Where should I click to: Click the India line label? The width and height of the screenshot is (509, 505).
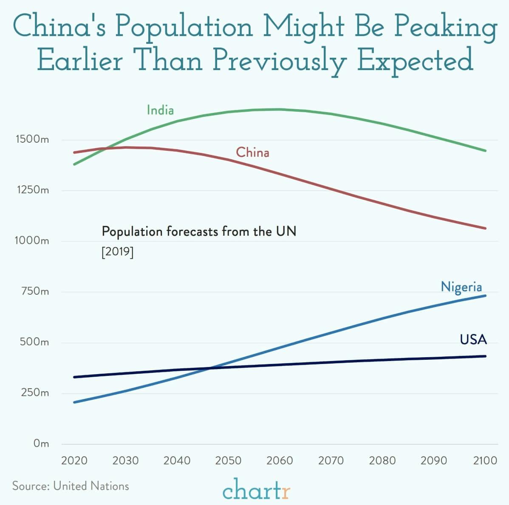(x=160, y=110)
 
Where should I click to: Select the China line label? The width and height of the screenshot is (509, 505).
(x=252, y=152)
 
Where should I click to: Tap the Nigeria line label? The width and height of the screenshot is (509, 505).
(x=461, y=287)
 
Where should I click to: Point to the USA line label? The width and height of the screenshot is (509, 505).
(x=473, y=339)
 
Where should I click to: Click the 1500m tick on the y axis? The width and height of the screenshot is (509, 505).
(x=32, y=139)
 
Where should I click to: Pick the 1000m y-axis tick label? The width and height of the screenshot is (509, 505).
(x=32, y=241)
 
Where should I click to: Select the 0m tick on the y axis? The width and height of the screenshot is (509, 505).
(x=41, y=444)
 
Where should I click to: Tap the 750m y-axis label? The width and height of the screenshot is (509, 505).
(x=35, y=292)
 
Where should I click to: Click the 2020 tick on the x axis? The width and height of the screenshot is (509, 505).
(x=74, y=460)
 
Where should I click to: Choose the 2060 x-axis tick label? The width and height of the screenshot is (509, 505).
(x=280, y=460)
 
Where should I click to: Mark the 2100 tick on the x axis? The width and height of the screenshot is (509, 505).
(x=485, y=460)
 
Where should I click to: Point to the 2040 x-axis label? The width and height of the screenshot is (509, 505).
(x=177, y=460)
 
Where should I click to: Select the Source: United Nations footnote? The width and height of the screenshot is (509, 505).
(x=71, y=486)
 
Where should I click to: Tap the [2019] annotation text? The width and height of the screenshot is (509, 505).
(x=118, y=252)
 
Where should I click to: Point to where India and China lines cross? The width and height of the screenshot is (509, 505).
(x=105, y=149)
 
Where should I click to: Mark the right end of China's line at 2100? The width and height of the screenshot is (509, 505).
(x=485, y=229)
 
